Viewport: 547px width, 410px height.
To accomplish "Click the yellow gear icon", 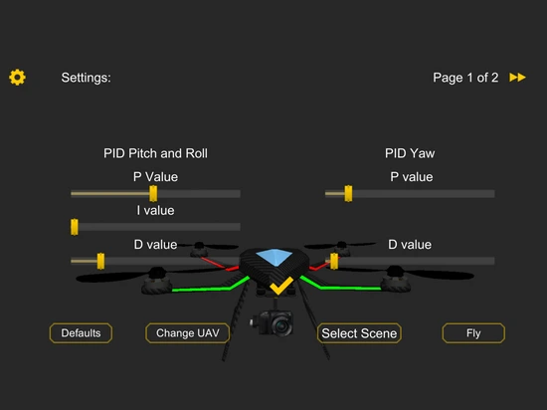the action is pos(17,77).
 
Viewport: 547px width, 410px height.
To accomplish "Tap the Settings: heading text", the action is pos(86,78).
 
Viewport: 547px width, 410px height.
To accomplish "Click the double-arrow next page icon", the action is pos(517,77).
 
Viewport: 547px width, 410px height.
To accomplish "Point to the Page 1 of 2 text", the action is pos(465,78).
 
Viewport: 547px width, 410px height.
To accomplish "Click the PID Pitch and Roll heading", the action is pos(155,153).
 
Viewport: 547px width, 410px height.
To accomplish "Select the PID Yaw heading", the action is pos(410,153).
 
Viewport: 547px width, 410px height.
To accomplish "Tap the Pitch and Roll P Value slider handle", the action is pos(153,193).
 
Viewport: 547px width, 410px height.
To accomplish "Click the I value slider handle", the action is pos(75,227).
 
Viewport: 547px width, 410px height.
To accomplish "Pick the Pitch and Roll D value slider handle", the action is pos(100,261).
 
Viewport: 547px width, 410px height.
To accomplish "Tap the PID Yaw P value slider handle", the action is pos(348,193).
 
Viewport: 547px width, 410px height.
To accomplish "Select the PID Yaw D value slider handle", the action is pos(334,261).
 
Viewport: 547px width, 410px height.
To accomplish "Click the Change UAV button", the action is pos(188,333).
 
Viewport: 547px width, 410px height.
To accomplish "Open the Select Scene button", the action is pos(359,333).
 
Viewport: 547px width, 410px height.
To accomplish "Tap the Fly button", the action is pos(473,333).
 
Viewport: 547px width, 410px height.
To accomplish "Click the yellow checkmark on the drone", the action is pos(281,286).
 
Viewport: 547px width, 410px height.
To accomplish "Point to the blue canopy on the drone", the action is pos(274,257).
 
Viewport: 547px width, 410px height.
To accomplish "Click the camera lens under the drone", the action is pos(281,326).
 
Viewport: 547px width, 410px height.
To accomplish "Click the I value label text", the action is pos(155,210).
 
